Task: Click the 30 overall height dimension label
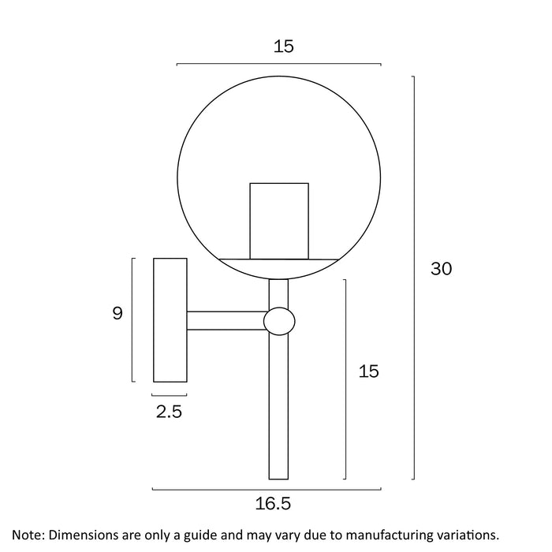pos(441,269)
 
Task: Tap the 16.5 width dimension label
pos(273,503)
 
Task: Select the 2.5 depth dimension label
pos(169,412)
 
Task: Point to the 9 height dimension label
pos(117,313)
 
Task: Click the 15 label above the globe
pos(284,46)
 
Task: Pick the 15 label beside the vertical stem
pos(368,371)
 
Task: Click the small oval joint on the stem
pos(279,322)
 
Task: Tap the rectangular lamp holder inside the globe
pos(279,221)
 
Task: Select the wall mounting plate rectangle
pos(170,320)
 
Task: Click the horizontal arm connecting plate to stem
pos(227,321)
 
